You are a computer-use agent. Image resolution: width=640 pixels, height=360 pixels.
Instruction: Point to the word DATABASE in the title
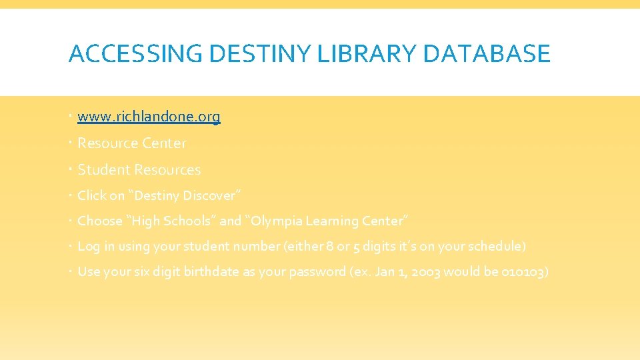coord(487,54)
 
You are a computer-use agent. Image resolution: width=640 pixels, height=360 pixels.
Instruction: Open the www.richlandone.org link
coord(149,117)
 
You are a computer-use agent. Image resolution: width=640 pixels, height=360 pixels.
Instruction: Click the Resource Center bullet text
coord(132,143)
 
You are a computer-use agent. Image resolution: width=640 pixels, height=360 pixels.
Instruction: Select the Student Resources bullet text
coord(139,170)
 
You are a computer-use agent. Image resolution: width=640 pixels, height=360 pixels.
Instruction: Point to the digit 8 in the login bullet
coord(330,247)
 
